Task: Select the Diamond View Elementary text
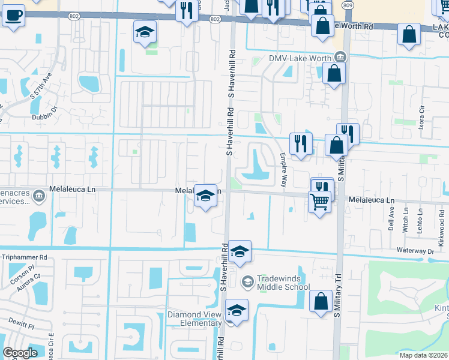click(194, 318)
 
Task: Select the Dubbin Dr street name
click(44, 109)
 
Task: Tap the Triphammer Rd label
click(24, 257)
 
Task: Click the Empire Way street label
click(282, 169)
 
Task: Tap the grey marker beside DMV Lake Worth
click(340, 57)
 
